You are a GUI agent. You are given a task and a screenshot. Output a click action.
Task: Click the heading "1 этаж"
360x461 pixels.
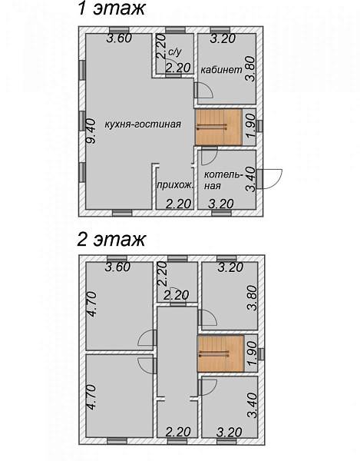111,8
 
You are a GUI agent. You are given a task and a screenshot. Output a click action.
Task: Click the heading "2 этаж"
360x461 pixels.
111,239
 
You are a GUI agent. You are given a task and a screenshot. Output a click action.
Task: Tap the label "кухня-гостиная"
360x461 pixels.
143,124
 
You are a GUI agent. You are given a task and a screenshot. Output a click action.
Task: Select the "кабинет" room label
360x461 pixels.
221,70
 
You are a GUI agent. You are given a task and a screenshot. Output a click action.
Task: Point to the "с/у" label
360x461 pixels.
175,52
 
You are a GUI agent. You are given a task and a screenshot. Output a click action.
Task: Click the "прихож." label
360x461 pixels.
175,185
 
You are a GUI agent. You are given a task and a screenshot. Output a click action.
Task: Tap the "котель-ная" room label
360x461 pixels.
223,180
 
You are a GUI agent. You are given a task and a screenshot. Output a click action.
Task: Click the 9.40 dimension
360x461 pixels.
91,131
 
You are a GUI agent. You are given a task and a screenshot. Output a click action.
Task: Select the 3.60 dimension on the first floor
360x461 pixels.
119,38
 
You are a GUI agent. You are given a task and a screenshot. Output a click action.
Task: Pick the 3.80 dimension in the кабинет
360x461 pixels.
251,69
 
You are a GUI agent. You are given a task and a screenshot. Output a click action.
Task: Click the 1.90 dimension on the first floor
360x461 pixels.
251,127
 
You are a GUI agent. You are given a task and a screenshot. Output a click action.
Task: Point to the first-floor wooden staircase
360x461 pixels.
219,127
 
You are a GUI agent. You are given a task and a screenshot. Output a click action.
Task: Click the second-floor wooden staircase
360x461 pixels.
220,353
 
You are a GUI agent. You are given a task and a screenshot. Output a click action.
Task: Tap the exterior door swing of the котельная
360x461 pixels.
274,179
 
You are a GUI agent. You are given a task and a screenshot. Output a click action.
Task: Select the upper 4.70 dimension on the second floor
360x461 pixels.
91,304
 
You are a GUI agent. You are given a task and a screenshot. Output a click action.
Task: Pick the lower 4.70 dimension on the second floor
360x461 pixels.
91,397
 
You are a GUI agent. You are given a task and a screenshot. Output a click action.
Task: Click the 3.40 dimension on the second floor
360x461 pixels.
253,406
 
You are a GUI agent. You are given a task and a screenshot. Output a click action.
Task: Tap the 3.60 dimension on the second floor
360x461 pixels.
117,267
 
